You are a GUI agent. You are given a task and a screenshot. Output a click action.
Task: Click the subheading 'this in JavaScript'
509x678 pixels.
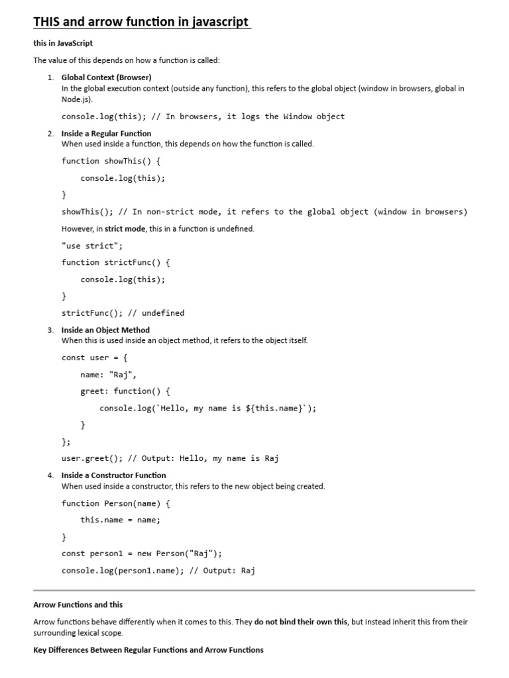point(63,43)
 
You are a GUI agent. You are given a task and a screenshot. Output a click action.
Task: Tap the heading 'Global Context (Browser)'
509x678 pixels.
point(106,77)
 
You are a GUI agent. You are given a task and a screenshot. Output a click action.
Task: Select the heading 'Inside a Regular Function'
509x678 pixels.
point(106,133)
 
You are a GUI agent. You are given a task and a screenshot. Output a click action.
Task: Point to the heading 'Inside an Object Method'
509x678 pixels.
point(105,330)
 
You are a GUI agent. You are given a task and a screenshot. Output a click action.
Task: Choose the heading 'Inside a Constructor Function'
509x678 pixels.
point(113,475)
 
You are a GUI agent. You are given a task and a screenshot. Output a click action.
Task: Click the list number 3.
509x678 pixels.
point(50,330)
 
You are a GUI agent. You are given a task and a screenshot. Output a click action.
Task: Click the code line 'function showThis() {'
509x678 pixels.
point(111,161)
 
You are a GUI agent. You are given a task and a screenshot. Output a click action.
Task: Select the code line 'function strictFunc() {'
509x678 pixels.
point(116,262)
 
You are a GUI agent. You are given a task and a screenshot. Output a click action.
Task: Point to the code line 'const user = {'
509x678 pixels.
point(95,358)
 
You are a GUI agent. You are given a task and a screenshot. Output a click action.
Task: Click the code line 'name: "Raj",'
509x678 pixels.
point(109,374)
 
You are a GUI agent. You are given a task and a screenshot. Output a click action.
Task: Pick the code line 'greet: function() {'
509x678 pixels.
point(125,391)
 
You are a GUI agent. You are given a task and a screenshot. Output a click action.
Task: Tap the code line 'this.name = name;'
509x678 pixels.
point(121,520)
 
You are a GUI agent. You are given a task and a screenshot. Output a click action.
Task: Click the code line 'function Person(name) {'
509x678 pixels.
point(116,503)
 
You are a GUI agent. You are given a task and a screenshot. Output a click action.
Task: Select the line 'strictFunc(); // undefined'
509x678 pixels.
point(123,313)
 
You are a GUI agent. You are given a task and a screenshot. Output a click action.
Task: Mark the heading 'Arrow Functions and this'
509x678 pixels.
point(78,605)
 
